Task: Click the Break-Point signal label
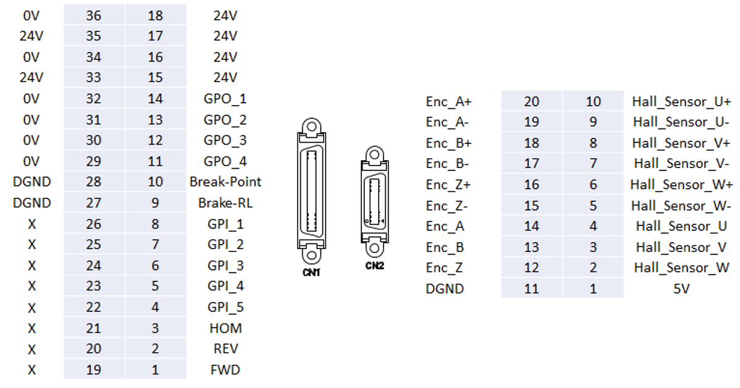point(225,182)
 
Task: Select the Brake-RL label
point(225,203)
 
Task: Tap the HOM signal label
point(225,328)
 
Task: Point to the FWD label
point(225,370)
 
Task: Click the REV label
point(225,349)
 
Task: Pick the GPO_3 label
point(225,140)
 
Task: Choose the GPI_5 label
point(225,307)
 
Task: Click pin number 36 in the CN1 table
point(93,15)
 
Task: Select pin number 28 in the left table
point(93,182)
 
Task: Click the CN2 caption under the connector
point(374,266)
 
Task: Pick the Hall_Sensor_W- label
point(682,206)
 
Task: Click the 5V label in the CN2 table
point(681,289)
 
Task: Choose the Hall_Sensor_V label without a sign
point(681,247)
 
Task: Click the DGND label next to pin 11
point(445,289)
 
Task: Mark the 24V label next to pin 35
point(32,36)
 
